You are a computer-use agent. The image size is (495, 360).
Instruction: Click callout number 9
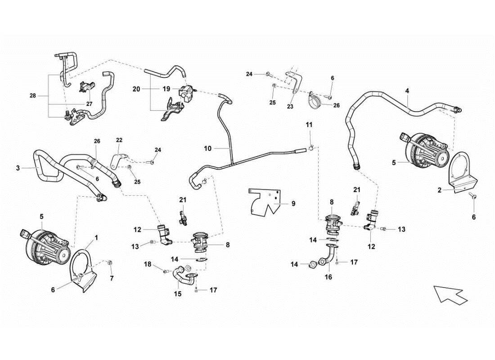click(293, 203)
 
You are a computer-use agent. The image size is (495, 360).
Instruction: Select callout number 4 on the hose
click(407, 91)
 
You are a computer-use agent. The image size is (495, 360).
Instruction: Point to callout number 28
click(33, 96)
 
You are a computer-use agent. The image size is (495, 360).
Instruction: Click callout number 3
click(18, 168)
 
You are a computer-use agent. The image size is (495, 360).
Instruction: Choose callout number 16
click(328, 278)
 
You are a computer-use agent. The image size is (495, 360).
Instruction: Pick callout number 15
click(177, 294)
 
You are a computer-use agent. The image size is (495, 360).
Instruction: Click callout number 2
click(439, 190)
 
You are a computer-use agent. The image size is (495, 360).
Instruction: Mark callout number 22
click(119, 140)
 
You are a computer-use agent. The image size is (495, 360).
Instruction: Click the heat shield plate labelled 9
click(265, 202)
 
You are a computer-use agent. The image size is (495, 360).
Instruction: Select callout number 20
click(136, 89)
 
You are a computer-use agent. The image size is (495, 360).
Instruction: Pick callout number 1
click(95, 236)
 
